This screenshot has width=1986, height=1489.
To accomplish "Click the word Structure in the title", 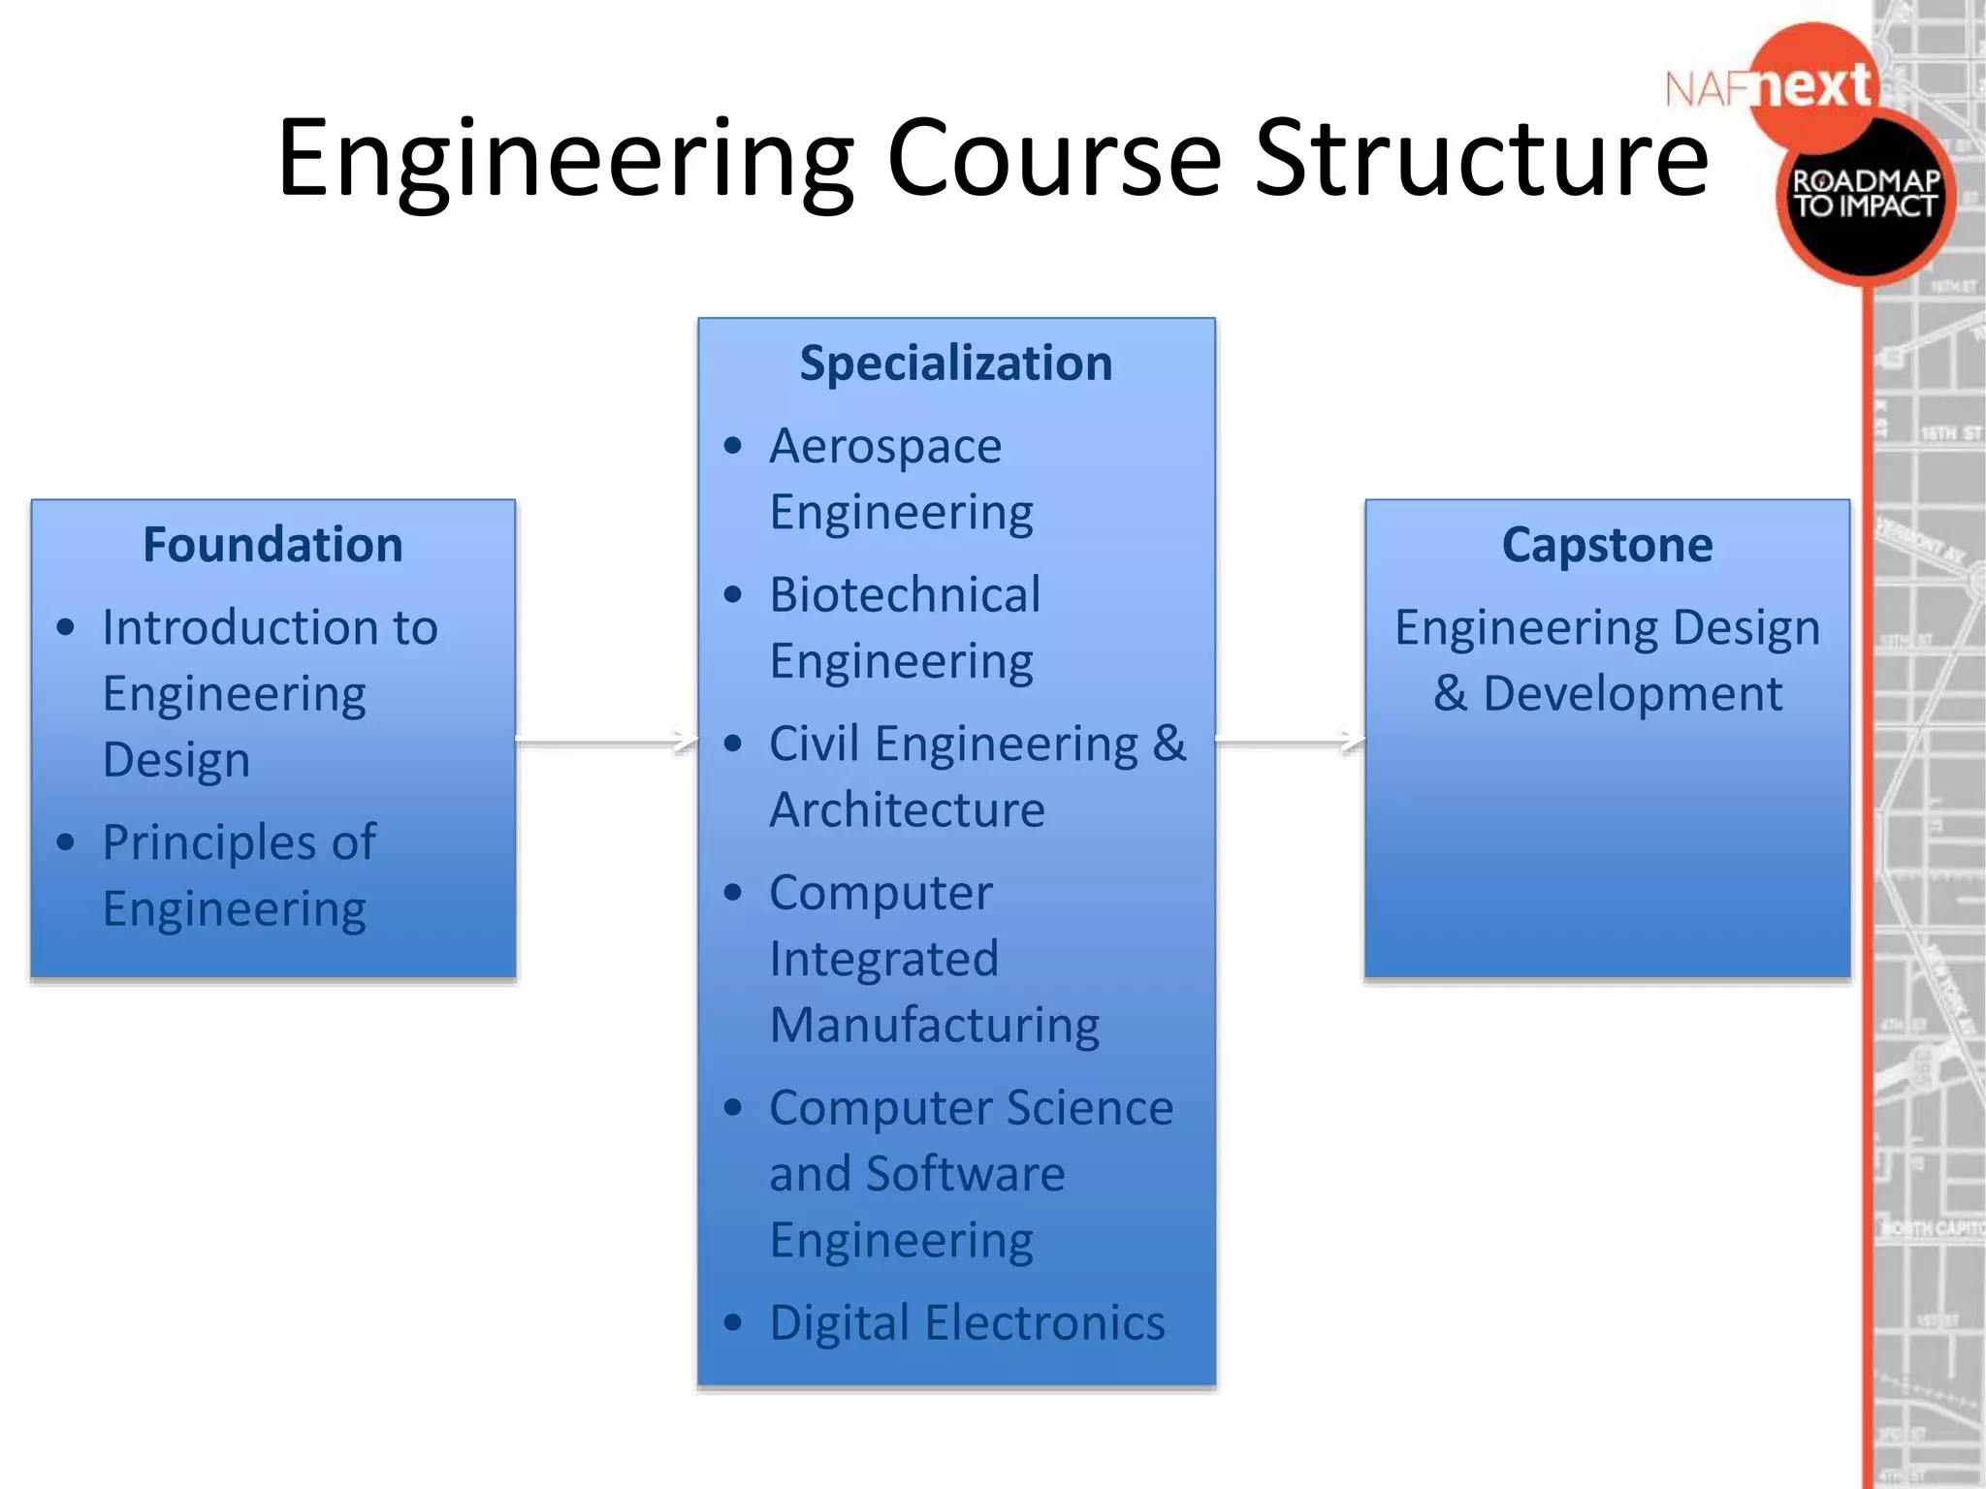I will coord(1481,158).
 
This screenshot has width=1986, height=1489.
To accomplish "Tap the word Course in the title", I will coord(1053,158).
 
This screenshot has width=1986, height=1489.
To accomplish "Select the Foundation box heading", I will coord(272,545).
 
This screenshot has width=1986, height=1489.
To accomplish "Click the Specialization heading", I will coord(955,364).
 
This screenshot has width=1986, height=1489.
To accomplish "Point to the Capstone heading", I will coord(1607,545).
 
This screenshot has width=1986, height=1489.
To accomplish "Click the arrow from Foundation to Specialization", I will coord(606,742).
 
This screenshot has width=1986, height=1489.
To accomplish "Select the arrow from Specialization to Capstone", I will coord(1290,742).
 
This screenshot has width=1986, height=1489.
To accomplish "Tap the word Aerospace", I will coord(885,447).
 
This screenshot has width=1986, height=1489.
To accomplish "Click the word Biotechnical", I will coord(905,595).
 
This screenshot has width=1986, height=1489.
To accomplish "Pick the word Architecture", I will coord(907,810).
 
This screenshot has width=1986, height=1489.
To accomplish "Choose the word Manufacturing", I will coord(935,1026).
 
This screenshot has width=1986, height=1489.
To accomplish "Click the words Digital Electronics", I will coord(967,1323).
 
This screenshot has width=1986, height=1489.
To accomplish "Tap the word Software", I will coord(966,1174).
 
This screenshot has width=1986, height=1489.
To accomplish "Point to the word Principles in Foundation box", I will coord(208,843).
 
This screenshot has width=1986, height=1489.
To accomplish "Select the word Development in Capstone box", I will coord(1632,694).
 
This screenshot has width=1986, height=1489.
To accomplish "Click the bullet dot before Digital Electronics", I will coord(733,1323).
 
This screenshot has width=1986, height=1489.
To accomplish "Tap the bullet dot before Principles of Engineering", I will coord(66,842).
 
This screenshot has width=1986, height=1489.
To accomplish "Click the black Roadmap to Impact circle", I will coord(1864,199).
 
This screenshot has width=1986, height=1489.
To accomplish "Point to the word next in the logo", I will coord(1813,87).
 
